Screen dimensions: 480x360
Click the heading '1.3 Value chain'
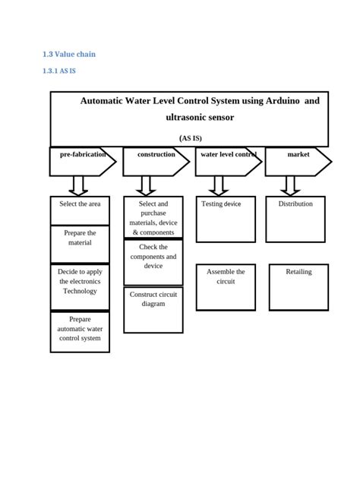pos(68,54)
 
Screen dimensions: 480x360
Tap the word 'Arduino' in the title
pos(273,102)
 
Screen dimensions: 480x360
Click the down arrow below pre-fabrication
pos(79,186)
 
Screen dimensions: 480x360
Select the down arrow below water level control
pos(219,186)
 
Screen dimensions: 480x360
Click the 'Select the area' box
pos(80,210)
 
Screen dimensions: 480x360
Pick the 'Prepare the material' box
pos(80,244)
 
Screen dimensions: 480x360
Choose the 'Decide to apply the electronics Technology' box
pos(80,286)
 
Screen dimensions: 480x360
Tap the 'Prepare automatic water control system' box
pos(80,332)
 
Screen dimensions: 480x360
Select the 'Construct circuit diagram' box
pos(153,309)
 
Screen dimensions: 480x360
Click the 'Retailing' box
pos(298,286)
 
